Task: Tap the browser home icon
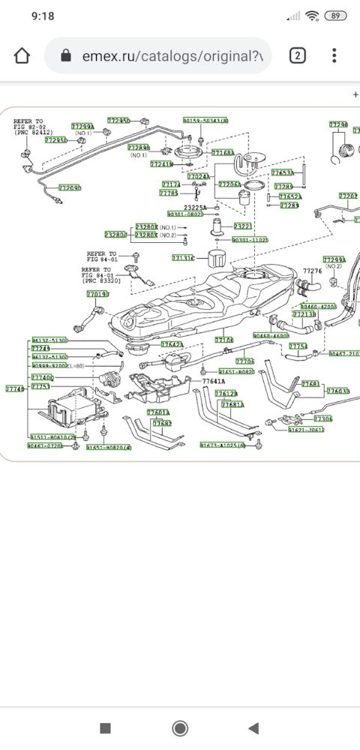(x=23, y=56)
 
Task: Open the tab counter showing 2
(x=298, y=56)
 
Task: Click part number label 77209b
(x=70, y=187)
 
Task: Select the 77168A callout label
(x=223, y=153)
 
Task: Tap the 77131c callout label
(x=183, y=258)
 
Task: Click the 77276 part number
(x=312, y=271)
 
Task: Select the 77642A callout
(x=172, y=344)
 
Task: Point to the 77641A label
(x=213, y=381)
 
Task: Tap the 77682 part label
(x=162, y=423)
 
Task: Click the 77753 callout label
(x=40, y=386)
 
